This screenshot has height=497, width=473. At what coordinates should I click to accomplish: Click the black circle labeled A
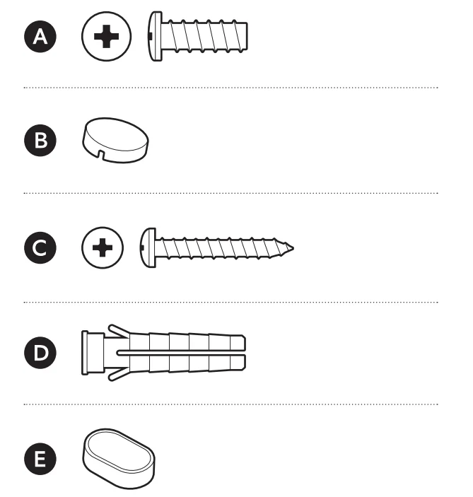[x=40, y=36]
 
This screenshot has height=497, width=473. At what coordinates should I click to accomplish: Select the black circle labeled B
[x=40, y=140]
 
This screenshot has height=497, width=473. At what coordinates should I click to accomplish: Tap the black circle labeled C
[x=40, y=247]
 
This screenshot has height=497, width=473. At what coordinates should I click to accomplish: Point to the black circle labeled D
[x=40, y=353]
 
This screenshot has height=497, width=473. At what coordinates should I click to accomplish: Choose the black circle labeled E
[x=40, y=459]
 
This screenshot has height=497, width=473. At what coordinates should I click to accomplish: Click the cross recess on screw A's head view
[x=106, y=37]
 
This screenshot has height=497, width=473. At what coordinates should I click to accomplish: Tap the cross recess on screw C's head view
[x=103, y=247]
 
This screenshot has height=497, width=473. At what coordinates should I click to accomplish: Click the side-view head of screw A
[x=155, y=36]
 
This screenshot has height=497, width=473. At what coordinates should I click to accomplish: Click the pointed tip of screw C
[x=293, y=248]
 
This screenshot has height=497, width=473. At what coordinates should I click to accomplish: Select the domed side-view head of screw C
[x=148, y=247]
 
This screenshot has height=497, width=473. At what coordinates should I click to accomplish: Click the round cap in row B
[x=115, y=140]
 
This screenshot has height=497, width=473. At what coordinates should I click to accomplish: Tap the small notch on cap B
[x=101, y=154]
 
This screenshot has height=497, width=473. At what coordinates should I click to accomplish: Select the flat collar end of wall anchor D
[x=85, y=353]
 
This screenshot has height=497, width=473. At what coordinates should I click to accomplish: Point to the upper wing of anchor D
[x=118, y=331]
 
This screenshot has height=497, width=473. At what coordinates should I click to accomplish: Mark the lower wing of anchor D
[x=118, y=374]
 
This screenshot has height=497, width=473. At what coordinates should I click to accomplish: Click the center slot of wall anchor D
[x=181, y=353]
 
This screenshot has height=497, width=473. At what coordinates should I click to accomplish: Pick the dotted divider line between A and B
[x=230, y=88]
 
